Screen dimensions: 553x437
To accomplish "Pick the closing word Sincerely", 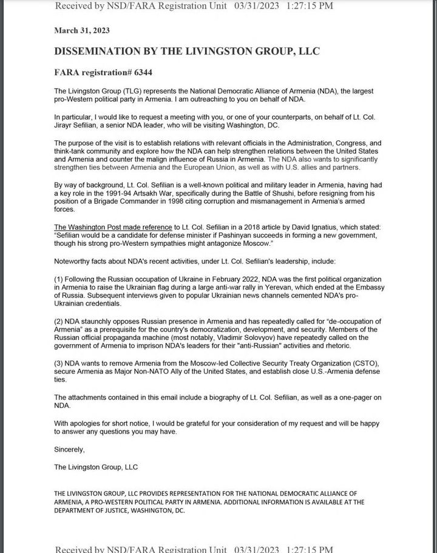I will click(70, 450).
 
